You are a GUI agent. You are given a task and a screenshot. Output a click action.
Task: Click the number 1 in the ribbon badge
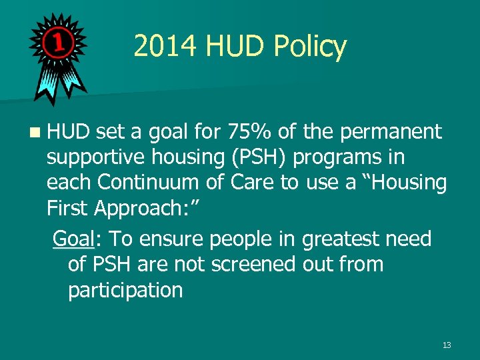[58, 43]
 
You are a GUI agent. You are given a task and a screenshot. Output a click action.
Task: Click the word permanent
[391, 132]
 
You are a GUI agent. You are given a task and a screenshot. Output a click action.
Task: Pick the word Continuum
[157, 183]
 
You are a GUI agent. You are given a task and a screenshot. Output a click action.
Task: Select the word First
[68, 209]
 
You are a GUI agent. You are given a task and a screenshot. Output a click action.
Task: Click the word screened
[254, 264]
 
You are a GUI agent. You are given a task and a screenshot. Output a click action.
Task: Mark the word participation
[125, 290]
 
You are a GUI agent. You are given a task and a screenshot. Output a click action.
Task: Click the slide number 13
[446, 345]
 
